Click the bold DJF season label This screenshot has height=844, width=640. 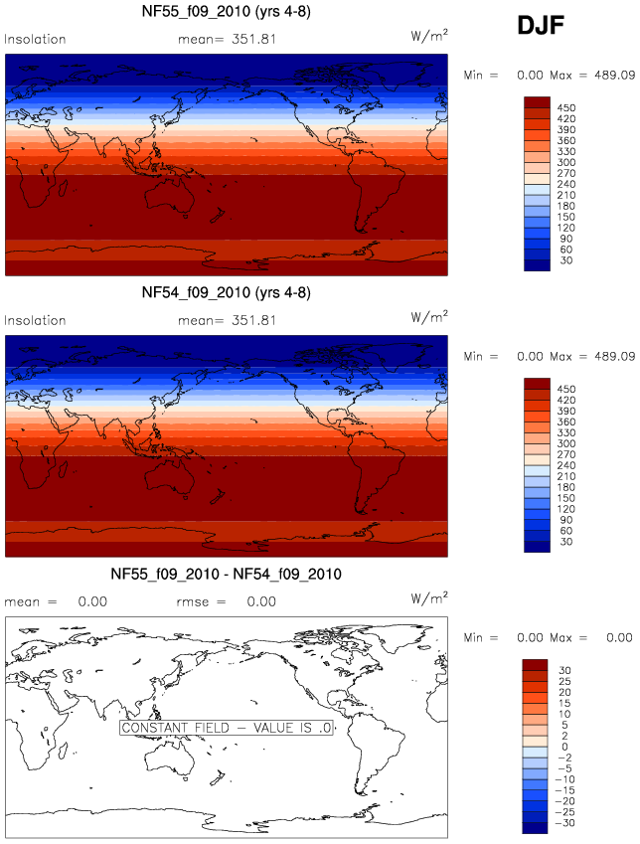click(x=542, y=27)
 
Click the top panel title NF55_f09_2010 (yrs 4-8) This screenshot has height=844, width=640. click(x=227, y=13)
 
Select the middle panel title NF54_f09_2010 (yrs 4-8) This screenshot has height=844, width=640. click(x=227, y=293)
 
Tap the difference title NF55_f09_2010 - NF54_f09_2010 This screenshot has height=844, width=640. click(x=227, y=574)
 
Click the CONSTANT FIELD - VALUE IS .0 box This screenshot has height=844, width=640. click(x=225, y=728)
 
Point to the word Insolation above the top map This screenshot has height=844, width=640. click(x=35, y=40)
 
